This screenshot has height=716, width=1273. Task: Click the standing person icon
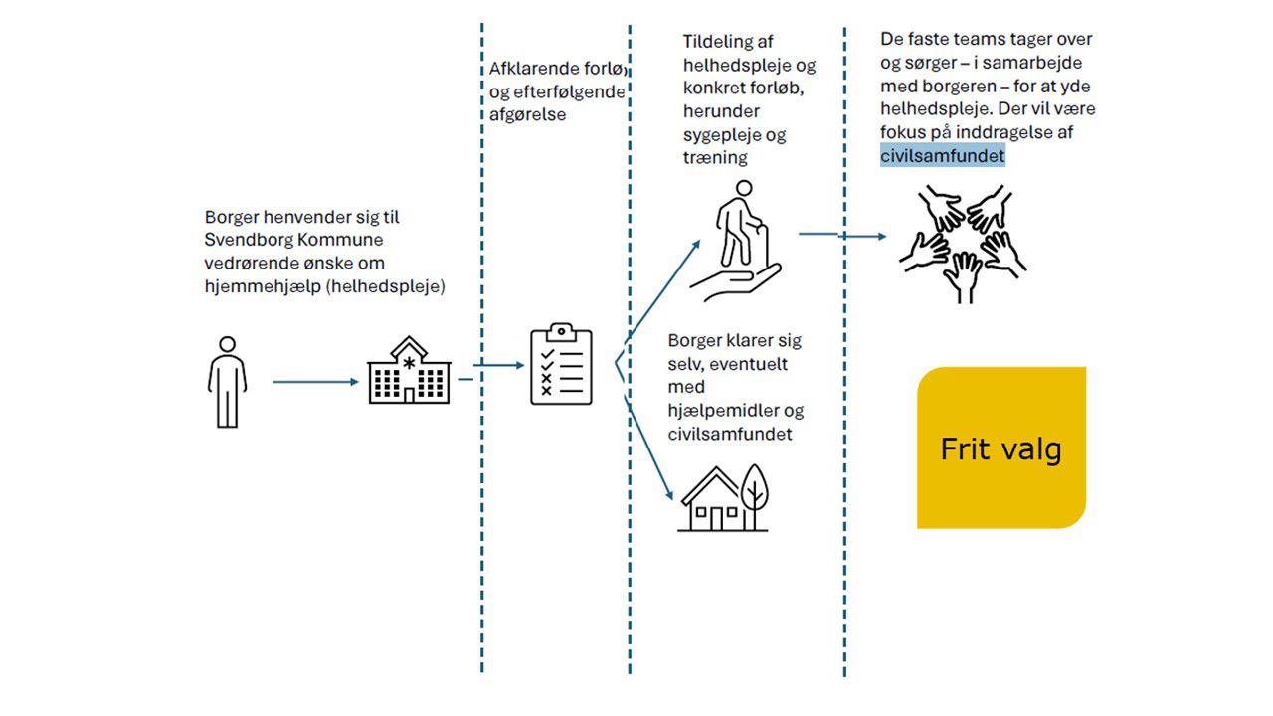[x=227, y=382]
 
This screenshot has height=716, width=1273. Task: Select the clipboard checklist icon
[x=561, y=364]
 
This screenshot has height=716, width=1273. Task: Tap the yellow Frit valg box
[x=1000, y=448]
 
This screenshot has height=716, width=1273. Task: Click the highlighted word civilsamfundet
[x=943, y=156]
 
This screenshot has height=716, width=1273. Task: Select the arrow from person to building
[x=314, y=381]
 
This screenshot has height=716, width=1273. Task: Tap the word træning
[x=714, y=157]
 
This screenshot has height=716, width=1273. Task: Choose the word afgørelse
[x=527, y=114]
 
